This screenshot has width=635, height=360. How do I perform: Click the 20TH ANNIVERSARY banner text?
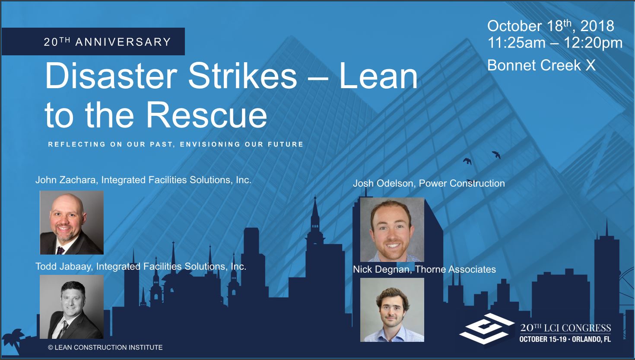point(107,41)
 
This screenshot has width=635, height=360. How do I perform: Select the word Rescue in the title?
point(206,115)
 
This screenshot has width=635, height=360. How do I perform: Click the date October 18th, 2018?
point(550,26)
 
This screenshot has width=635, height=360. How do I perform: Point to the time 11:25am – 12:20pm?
point(555,43)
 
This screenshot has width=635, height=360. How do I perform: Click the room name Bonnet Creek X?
point(541,65)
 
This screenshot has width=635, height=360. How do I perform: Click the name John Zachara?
point(66,180)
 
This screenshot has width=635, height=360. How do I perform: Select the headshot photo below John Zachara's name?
point(72,223)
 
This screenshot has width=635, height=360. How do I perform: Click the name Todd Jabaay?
point(63,266)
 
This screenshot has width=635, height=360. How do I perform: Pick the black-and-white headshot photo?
point(72,307)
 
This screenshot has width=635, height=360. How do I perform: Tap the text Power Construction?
point(462,183)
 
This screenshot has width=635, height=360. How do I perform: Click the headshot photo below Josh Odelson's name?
point(392,229)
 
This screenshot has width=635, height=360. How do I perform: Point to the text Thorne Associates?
point(455,269)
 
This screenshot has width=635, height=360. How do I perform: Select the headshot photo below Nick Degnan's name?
point(392,309)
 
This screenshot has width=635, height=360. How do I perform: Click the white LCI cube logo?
point(487,328)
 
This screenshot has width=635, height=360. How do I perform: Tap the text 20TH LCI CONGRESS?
point(565,328)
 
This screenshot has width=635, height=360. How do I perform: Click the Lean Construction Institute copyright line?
point(105,347)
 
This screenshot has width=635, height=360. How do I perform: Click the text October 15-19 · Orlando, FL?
point(565,339)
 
